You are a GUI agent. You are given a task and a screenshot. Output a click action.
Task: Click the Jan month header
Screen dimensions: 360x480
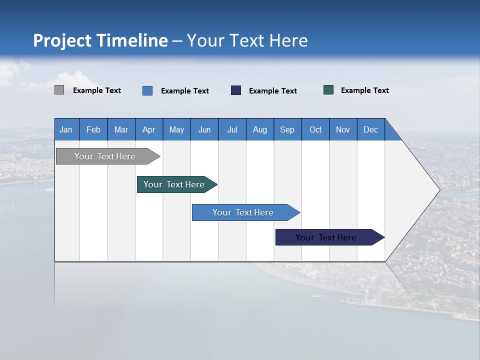click(x=66, y=129)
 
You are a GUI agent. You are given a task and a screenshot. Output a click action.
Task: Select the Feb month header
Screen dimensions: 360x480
click(x=93, y=129)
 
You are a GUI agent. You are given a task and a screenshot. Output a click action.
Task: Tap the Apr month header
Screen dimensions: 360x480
click(x=148, y=129)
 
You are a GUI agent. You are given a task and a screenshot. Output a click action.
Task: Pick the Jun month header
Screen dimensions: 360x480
click(x=204, y=129)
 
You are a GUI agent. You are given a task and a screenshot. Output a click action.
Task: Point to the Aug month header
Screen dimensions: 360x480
click(x=259, y=129)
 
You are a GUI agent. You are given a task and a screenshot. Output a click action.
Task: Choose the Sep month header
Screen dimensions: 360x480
click(x=287, y=129)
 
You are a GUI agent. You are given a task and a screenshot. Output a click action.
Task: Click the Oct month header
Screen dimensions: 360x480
click(x=315, y=129)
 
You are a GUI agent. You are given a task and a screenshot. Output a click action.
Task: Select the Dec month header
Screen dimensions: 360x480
click(x=370, y=129)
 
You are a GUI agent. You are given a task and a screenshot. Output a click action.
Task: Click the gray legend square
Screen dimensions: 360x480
click(x=59, y=90)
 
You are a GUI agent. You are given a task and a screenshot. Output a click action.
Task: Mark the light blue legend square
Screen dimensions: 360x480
click(x=147, y=90)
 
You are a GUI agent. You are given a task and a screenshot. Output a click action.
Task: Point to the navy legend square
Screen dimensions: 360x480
click(x=236, y=90)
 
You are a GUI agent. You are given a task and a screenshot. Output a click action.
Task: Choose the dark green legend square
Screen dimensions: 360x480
click(x=328, y=90)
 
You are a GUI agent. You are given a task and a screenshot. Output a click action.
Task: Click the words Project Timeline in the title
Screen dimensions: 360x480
click(x=100, y=40)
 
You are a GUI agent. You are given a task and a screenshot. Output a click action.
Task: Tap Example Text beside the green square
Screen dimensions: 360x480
click(x=364, y=90)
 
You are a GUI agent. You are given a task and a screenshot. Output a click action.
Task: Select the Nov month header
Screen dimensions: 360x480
click(x=343, y=129)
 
